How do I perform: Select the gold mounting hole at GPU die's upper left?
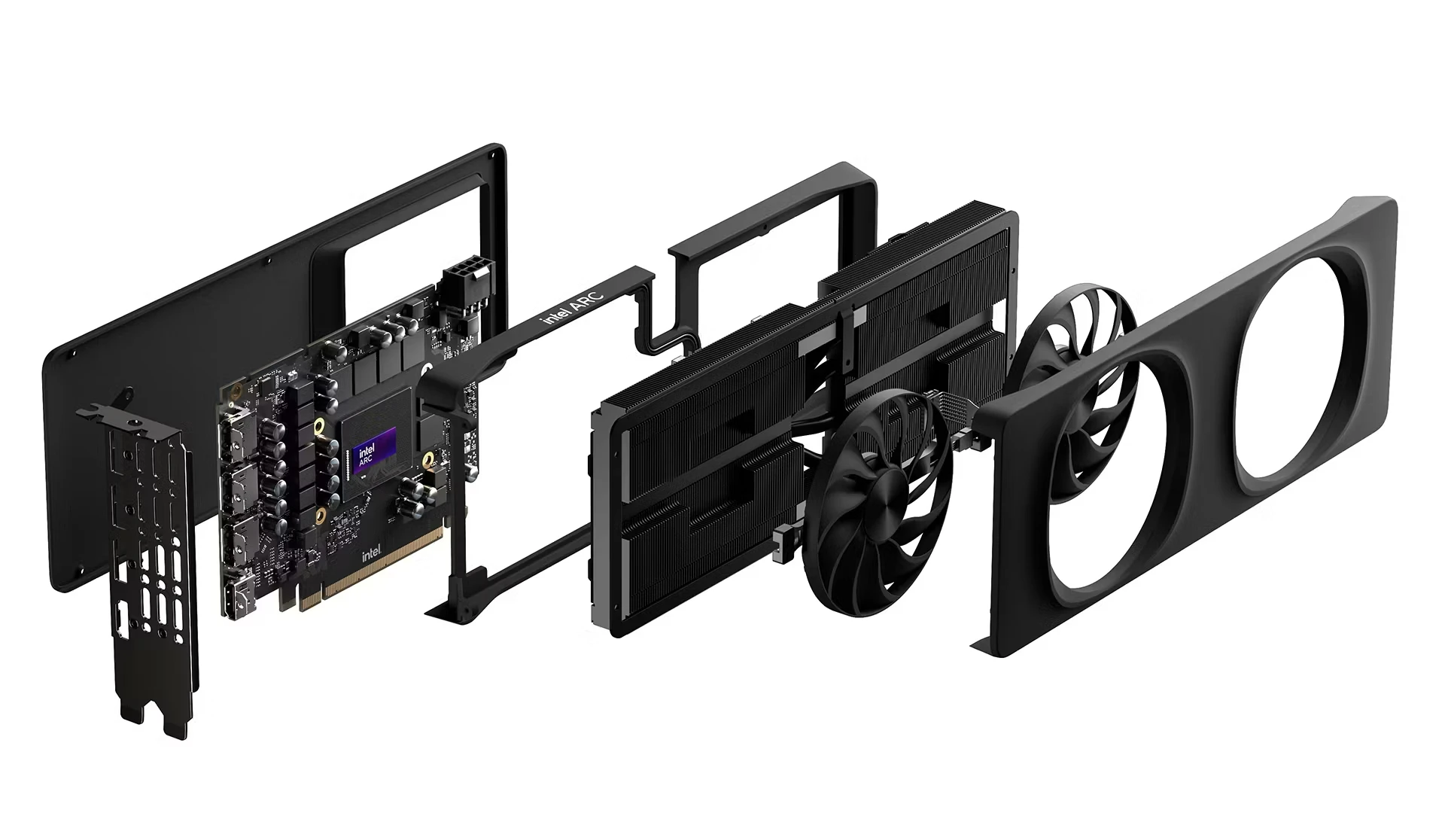tap(321, 427)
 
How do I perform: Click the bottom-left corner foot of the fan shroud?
tap(982, 644)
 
